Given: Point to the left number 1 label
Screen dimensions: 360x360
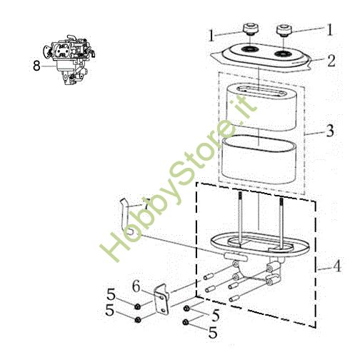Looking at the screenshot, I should click(x=211, y=34).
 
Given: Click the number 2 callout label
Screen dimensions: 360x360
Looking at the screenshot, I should click(x=331, y=61).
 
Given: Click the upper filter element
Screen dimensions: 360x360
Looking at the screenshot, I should click(x=261, y=107).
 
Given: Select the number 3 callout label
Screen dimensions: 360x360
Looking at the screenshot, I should click(x=330, y=131).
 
